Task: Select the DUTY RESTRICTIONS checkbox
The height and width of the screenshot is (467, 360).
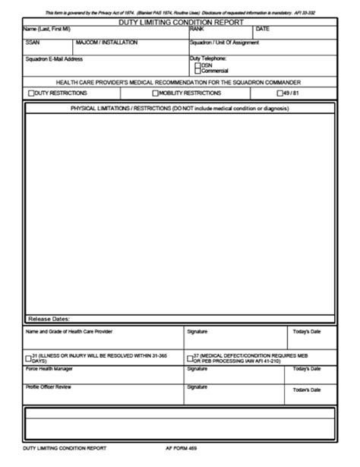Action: point(31,93)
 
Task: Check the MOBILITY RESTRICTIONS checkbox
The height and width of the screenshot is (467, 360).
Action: point(155,93)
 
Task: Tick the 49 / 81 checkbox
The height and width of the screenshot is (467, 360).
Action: point(279,93)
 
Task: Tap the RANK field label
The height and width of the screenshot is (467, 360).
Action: point(197,29)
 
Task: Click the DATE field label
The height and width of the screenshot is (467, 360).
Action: point(263,29)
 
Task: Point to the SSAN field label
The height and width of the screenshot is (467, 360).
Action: point(32,43)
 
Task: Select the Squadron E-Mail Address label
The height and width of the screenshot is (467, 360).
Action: point(54,58)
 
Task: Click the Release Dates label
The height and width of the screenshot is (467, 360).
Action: point(49,318)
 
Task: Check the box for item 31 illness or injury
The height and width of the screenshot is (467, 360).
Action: point(28,356)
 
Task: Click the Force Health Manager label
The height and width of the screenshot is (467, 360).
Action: point(50,368)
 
